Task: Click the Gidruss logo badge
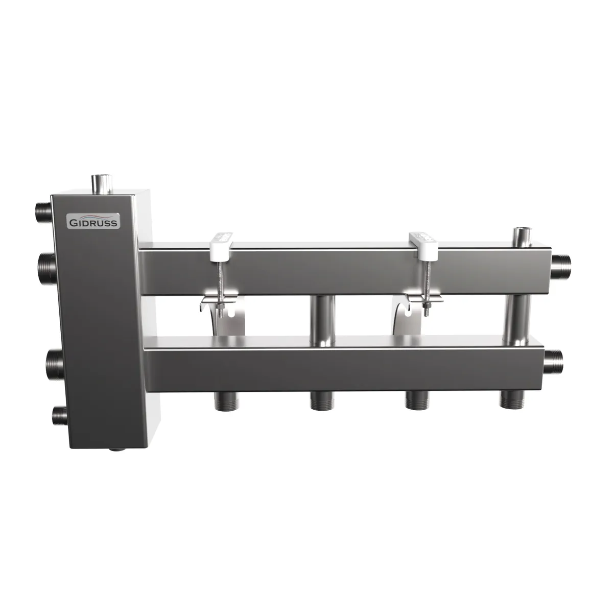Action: pos(93,221)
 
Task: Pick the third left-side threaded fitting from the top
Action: pos(56,363)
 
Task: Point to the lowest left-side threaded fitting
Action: pos(59,415)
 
